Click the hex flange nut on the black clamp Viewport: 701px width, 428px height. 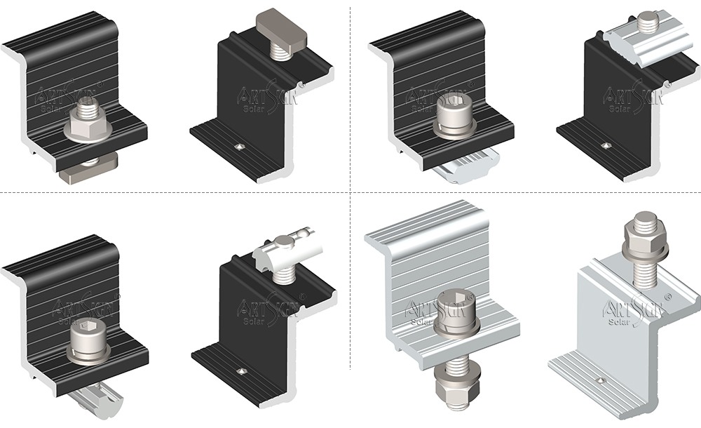(88, 129)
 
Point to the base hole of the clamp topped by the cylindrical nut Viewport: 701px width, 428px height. (240, 370)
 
